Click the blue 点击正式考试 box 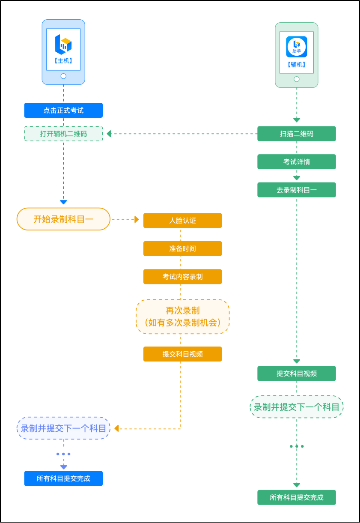63,111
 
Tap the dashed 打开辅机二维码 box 63,134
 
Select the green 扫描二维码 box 296,134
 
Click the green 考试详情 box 296,162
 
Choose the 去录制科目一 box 296,190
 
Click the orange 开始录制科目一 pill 63,219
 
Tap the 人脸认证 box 182,221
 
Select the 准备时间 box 182,248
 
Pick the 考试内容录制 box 182,277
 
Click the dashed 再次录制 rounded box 183,317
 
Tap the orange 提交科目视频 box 182,354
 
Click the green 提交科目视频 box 296,374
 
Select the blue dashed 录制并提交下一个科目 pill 63,428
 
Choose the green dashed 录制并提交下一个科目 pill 296,407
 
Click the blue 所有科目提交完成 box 63,478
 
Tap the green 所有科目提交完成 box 296,497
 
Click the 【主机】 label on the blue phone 63,61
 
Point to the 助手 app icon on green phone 296,46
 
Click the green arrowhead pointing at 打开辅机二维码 109,134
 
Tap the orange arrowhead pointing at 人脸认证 137,219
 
